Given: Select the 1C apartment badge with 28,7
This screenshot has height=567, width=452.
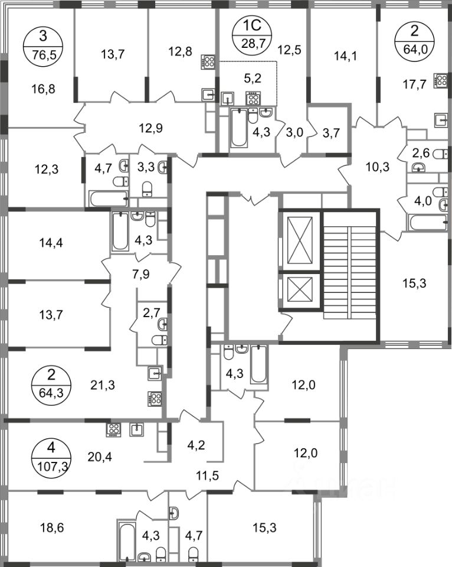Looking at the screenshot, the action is (253, 35).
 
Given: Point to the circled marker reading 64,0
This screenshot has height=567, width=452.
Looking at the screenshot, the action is (411, 36).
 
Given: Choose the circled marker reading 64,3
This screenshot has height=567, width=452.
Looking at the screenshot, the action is (51, 384).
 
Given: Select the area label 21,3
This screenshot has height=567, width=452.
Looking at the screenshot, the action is (102, 385).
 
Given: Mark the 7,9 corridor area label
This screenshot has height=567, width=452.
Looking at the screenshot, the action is (140, 273).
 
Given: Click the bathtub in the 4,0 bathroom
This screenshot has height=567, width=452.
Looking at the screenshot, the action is (428, 222).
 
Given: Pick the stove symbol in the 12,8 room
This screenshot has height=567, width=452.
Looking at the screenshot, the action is (208, 62).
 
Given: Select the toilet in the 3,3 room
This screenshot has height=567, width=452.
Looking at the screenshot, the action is (148, 188).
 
